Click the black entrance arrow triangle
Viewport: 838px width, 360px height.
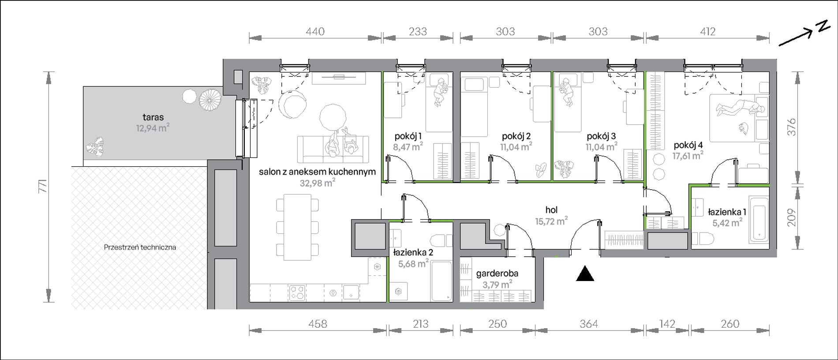click(x=585, y=274)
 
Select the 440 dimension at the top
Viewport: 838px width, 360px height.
click(x=315, y=31)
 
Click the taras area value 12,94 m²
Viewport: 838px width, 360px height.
click(x=153, y=128)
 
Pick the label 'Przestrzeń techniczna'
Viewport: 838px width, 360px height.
click(x=140, y=247)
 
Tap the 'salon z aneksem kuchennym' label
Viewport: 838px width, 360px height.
click(x=317, y=172)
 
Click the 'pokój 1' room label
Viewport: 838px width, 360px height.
click(x=408, y=136)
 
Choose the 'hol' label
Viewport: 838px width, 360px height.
click(x=552, y=210)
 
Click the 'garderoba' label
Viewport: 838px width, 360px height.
click(x=497, y=274)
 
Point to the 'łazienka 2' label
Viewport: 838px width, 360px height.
click(x=413, y=252)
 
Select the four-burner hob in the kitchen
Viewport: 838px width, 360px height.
click(x=297, y=292)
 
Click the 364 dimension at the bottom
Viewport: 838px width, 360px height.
click(x=589, y=324)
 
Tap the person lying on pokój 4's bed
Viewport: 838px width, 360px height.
click(x=740, y=108)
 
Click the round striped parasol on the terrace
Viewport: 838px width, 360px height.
click(x=210, y=100)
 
